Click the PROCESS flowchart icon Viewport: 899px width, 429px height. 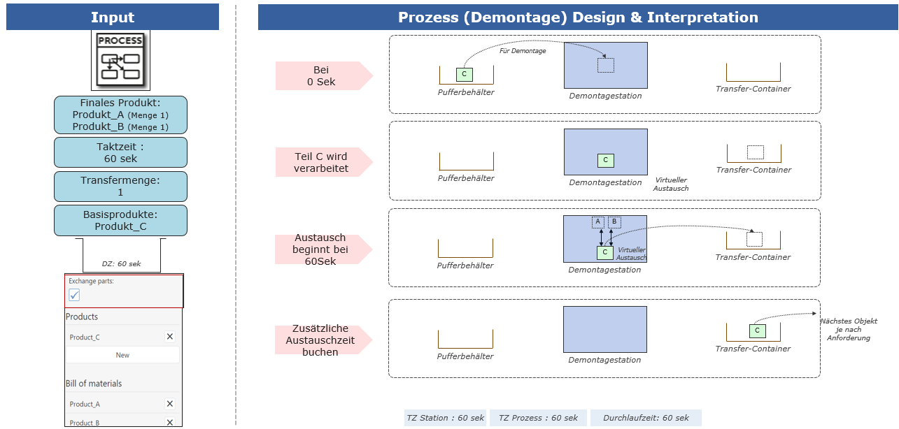pyautogui.click(x=120, y=60)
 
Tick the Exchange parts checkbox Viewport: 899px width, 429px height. pyautogui.click(x=74, y=295)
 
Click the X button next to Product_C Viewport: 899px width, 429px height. pyautogui.click(x=170, y=336)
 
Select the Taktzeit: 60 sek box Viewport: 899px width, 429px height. pyautogui.click(x=120, y=152)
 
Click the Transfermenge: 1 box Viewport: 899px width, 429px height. pyautogui.click(x=120, y=187)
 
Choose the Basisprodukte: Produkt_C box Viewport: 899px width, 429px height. pyautogui.click(x=120, y=221)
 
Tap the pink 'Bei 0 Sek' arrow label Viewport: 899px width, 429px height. pyautogui.click(x=324, y=75)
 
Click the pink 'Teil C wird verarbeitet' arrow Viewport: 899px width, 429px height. pyautogui.click(x=324, y=162)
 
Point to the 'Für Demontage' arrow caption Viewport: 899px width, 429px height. pyautogui.click(x=523, y=51)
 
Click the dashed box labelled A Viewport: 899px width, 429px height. pyautogui.click(x=598, y=222)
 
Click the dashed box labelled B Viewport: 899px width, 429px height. pyautogui.click(x=614, y=222)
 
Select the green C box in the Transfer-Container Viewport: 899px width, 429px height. pyautogui.click(x=757, y=330)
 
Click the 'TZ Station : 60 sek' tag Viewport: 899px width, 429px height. pyautogui.click(x=445, y=418)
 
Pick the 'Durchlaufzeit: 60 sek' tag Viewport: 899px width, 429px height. pyautogui.click(x=646, y=418)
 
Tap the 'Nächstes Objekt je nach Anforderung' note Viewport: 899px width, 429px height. pyautogui.click(x=849, y=330)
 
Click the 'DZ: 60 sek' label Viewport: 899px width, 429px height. pyautogui.click(x=121, y=264)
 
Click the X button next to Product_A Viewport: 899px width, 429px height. pyautogui.click(x=170, y=403)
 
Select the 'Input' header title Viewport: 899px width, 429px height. pyautogui.click(x=113, y=17)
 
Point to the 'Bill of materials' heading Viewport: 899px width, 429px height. pyautogui.click(x=94, y=384)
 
